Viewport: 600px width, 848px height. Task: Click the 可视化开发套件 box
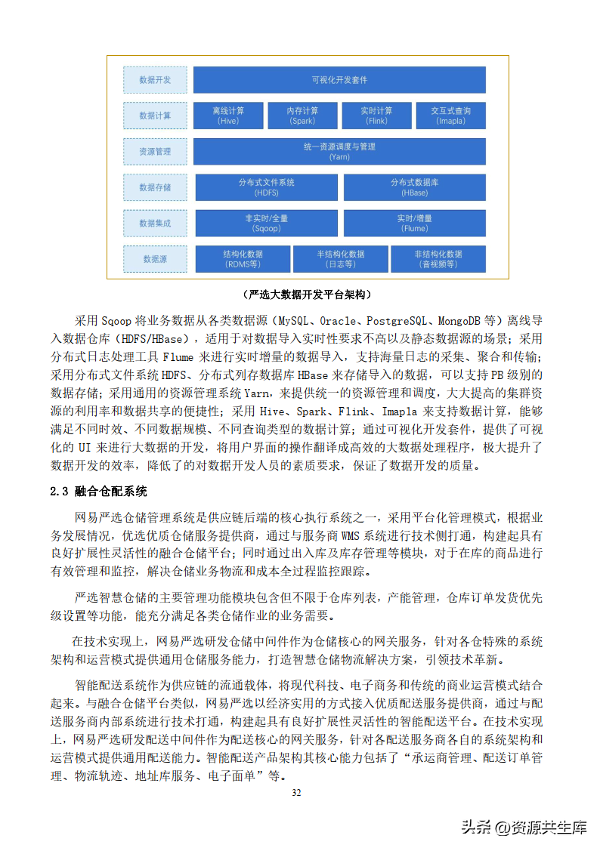coord(339,80)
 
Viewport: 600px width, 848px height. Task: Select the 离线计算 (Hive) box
coord(229,116)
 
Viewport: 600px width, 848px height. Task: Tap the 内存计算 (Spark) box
coord(303,116)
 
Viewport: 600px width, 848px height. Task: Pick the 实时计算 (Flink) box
coord(376,116)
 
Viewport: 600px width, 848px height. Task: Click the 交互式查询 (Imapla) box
coord(450,116)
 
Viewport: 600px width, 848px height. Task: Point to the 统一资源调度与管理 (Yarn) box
coord(339,151)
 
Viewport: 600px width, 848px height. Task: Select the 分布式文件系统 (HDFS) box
coord(266,187)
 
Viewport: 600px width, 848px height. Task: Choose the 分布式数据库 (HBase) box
coord(414,187)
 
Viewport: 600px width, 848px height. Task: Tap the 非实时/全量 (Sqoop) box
coord(266,223)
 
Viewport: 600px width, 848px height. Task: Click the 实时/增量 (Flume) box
coord(414,223)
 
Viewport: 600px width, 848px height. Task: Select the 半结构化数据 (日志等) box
coord(340,259)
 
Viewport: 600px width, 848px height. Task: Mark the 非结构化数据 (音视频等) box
coord(438,259)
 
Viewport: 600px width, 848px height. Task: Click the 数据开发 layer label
coord(155,80)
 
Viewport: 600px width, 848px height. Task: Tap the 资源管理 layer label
coord(155,151)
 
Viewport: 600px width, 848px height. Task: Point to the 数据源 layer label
coord(155,259)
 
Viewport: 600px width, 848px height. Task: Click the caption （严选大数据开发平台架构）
coord(306,294)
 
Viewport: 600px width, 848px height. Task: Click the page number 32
coord(296,793)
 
